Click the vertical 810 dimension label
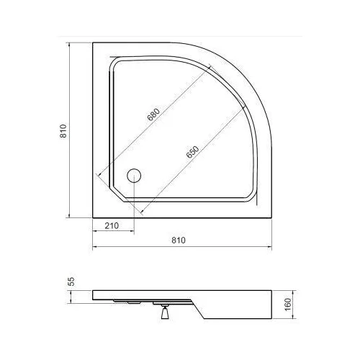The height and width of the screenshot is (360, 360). point(63,131)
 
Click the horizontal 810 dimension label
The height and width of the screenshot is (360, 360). point(179,240)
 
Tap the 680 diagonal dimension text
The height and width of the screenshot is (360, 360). point(153,114)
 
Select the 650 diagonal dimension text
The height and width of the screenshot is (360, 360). point(193,152)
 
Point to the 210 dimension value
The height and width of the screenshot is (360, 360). point(112,225)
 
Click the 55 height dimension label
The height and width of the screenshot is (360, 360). point(71,282)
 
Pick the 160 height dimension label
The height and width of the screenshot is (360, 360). point(287,305)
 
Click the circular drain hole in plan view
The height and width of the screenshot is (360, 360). point(134,176)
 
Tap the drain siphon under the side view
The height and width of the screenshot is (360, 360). point(165,311)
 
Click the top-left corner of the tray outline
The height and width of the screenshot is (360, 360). point(93,42)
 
